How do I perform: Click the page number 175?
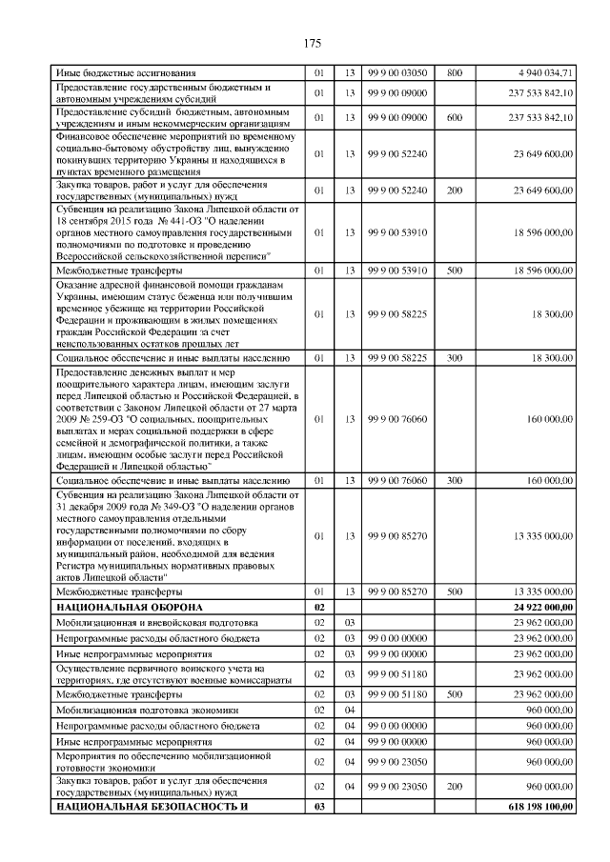coord(312,44)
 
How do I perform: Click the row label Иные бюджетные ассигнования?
coord(126,72)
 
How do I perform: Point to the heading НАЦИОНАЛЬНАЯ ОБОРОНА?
coord(130,607)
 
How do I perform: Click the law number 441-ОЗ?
coord(166,220)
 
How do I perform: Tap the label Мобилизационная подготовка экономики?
coord(140,710)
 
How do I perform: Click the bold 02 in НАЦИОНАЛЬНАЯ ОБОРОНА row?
coord(319,607)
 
